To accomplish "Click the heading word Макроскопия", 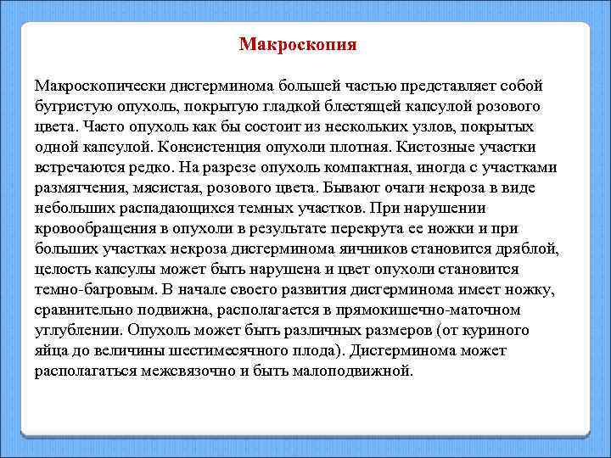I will click(x=298, y=44).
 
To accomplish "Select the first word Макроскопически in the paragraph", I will click(x=99, y=86).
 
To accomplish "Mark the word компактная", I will click(x=358, y=167).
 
